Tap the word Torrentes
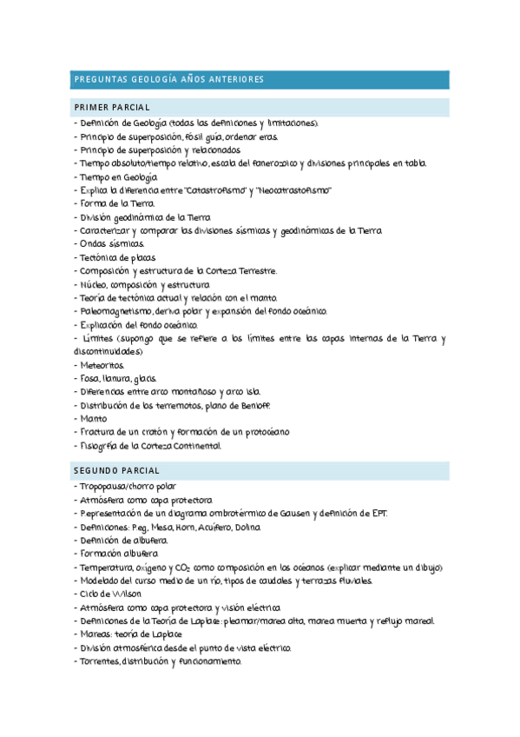100,661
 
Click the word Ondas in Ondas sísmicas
94,244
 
